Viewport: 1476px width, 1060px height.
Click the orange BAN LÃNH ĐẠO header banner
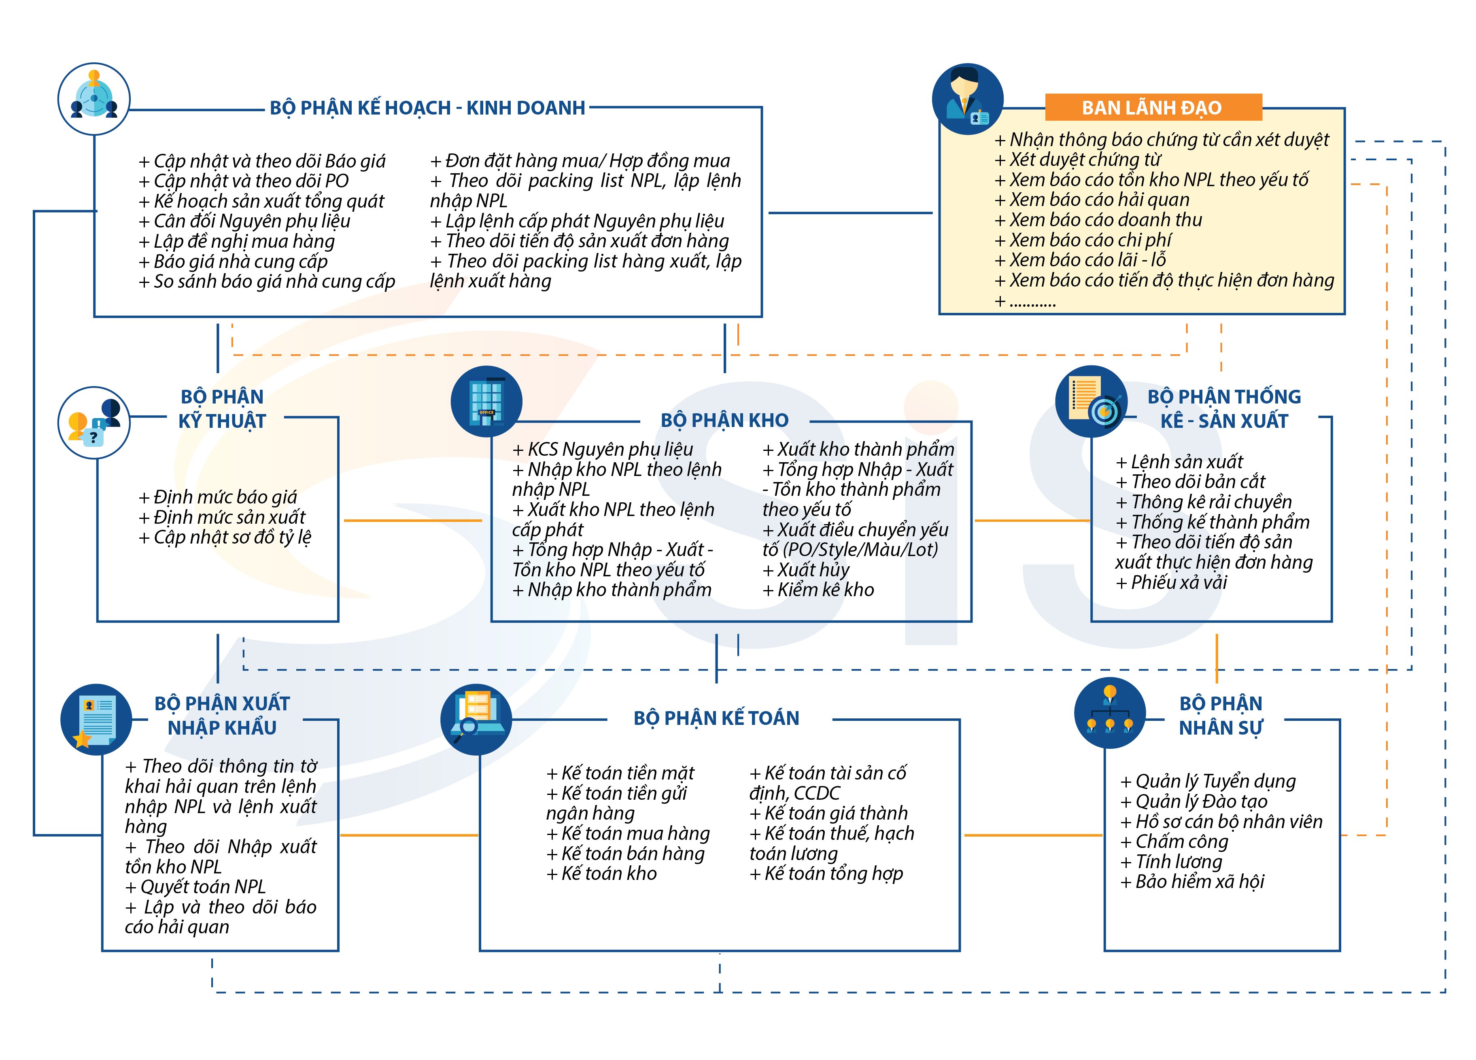[1153, 107]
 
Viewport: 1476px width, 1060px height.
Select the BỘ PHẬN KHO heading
[724, 421]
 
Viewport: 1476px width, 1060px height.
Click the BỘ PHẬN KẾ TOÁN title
[716, 718]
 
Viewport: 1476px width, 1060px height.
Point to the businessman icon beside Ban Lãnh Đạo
[968, 99]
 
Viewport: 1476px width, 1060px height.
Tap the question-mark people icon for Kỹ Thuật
[94, 423]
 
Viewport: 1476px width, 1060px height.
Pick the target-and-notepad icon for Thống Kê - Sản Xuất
[1092, 401]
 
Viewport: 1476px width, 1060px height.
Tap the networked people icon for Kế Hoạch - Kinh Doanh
[94, 99]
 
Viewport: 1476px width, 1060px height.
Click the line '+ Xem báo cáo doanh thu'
[1098, 220]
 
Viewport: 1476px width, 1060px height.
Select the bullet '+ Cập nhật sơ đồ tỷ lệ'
[225, 537]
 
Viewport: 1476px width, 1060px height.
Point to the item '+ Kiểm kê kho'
[818, 590]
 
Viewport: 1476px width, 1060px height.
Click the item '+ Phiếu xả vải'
[1171, 582]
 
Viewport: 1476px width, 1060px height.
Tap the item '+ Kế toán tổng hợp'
[826, 874]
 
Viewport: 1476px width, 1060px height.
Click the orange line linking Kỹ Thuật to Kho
[412, 520]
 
